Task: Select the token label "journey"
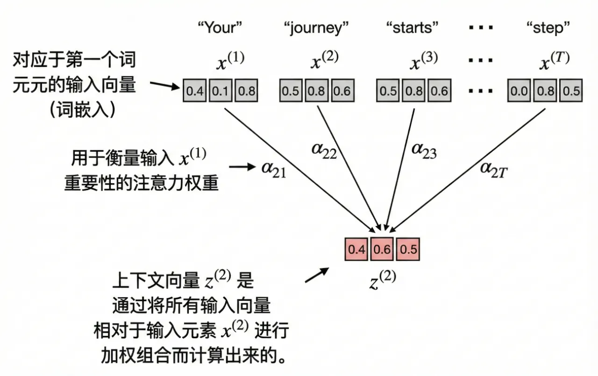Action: pyautogui.click(x=316, y=28)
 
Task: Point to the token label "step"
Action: pyautogui.click(x=548, y=28)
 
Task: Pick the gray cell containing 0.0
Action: pyautogui.click(x=520, y=91)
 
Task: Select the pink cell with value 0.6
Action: pyautogui.click(x=382, y=249)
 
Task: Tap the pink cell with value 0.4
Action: pyautogui.click(x=356, y=249)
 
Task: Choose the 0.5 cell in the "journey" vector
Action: pyautogui.click(x=291, y=91)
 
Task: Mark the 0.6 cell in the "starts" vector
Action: pyautogui.click(x=439, y=91)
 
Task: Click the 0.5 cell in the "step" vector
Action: pyautogui.click(x=571, y=91)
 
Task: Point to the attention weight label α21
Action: pyautogui.click(x=273, y=169)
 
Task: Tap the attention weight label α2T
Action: pyautogui.click(x=493, y=169)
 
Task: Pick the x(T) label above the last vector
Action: pyautogui.click(x=554, y=62)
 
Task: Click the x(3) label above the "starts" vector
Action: pyautogui.click(x=423, y=62)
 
